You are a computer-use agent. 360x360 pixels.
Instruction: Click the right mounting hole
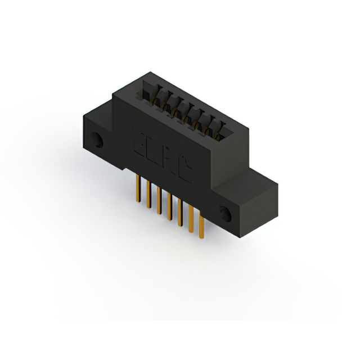[226, 214]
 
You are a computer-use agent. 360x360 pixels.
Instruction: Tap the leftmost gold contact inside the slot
[153, 98]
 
